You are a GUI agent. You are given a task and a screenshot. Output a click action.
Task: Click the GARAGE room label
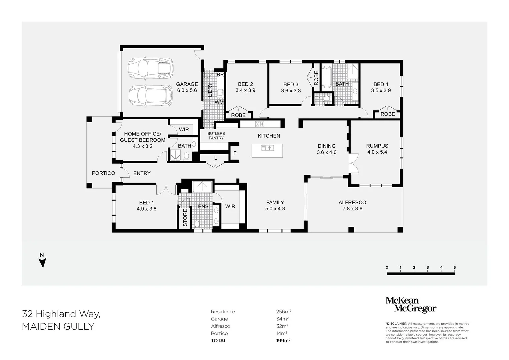pyautogui.click(x=187, y=84)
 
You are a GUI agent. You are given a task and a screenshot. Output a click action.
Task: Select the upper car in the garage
pyautogui.click(x=151, y=68)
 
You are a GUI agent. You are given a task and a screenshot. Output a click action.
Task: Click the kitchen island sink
pyautogui.click(x=267, y=147)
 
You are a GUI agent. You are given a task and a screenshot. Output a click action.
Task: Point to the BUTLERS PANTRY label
pyautogui.click(x=216, y=136)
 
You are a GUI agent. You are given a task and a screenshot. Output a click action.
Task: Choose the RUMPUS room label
pyautogui.click(x=377, y=146)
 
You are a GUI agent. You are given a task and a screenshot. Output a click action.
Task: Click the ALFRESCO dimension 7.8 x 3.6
pyautogui.click(x=352, y=209)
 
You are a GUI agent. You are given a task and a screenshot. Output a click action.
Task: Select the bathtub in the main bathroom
pyautogui.click(x=326, y=77)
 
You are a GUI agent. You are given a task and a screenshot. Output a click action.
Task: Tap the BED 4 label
pyautogui.click(x=381, y=84)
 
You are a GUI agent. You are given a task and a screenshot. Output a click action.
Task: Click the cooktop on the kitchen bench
pyautogui.click(x=260, y=124)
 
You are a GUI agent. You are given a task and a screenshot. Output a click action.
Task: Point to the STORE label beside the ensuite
pyautogui.click(x=185, y=217)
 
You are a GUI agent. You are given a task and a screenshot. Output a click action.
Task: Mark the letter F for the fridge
pyautogui.click(x=235, y=153)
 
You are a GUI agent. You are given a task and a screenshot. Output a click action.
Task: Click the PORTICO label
pyautogui.click(x=103, y=173)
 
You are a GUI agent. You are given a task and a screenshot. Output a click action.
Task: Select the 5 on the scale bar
pyautogui.click(x=454, y=267)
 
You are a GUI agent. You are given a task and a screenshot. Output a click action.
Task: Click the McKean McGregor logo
pyautogui.click(x=411, y=305)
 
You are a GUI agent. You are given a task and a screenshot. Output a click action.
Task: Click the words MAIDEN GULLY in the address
pyautogui.click(x=58, y=327)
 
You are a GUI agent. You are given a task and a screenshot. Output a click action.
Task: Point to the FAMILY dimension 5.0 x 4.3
pyautogui.click(x=275, y=209)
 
